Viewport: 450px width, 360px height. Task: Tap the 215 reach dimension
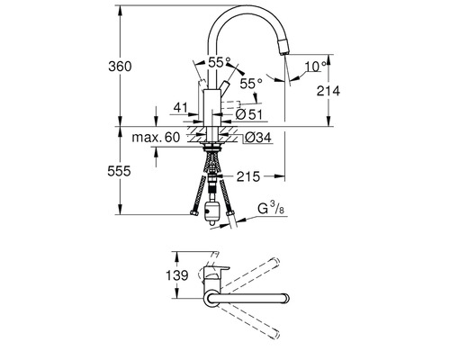point(250,176)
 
